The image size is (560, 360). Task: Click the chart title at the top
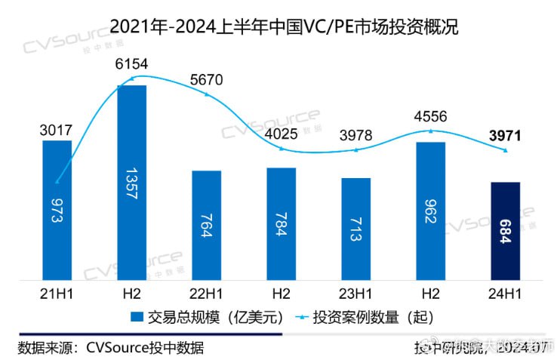pos(279,27)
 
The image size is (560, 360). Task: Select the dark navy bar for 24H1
pos(505,230)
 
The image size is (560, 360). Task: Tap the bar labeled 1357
pos(132,181)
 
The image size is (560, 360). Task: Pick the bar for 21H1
pos(57,210)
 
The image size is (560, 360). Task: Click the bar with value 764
pos(207,225)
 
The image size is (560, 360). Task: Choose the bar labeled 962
pos(431,211)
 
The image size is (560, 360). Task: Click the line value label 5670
pos(207,81)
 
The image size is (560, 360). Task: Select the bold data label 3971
pos(505,137)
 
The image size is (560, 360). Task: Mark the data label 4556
pos(431,117)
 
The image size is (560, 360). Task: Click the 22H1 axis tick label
pos(207,292)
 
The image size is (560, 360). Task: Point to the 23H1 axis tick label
pos(356,292)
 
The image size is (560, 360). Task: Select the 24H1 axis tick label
pos(505,292)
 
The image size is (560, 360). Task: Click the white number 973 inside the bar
pos(57,211)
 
